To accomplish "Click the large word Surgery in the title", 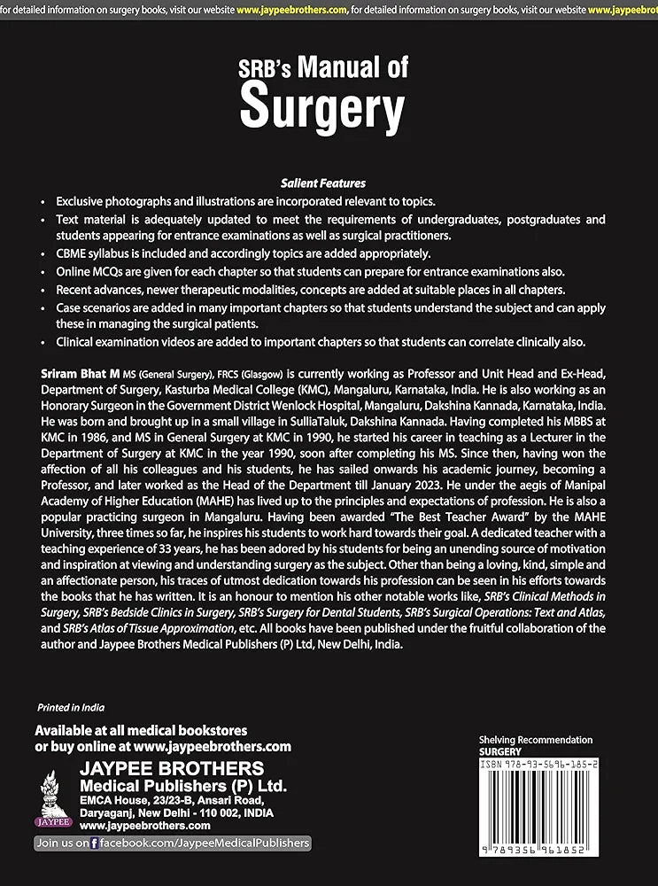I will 322,107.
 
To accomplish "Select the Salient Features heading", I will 322,183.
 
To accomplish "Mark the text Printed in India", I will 71,708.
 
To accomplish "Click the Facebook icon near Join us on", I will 95,843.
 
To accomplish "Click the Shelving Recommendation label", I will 535,740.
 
